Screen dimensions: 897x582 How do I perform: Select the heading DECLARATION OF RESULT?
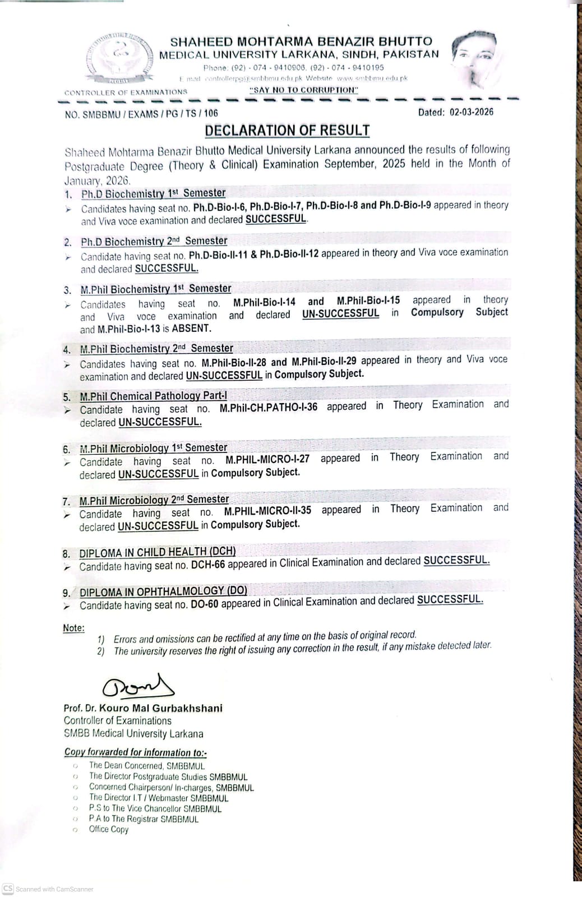287,131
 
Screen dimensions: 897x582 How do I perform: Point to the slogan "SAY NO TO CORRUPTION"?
303,90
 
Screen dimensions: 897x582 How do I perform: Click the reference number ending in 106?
141,114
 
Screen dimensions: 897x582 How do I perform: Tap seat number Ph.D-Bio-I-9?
405,205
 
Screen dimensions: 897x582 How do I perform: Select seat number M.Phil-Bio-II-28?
234,363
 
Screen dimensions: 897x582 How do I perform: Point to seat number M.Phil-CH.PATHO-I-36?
268,408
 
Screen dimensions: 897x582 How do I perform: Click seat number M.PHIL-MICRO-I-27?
267,459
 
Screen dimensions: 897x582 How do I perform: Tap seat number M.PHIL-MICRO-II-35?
267,511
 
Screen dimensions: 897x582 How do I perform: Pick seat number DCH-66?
207,565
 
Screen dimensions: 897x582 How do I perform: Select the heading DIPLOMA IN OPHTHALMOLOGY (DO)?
163,591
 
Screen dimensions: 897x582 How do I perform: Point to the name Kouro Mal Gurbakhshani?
160,708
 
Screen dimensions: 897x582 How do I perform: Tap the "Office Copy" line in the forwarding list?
108,829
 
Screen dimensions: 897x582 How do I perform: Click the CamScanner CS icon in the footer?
8,889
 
